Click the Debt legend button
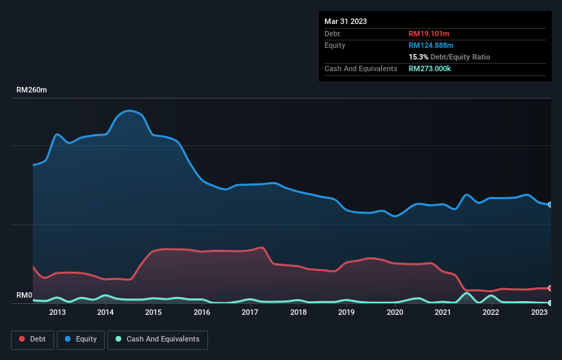point(32,339)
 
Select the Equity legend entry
point(81,339)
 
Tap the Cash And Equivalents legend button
point(157,339)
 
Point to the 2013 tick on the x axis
point(58,313)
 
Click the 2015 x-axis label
point(153,313)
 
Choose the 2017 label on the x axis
point(250,313)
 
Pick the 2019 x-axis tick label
point(346,313)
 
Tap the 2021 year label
point(443,313)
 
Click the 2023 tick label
point(539,313)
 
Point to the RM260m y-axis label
point(32,90)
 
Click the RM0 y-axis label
point(25,296)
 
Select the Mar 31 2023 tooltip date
point(346,21)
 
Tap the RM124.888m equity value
point(432,45)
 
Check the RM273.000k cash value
point(430,68)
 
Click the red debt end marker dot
point(550,288)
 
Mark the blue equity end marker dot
point(550,205)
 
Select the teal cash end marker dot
point(550,303)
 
